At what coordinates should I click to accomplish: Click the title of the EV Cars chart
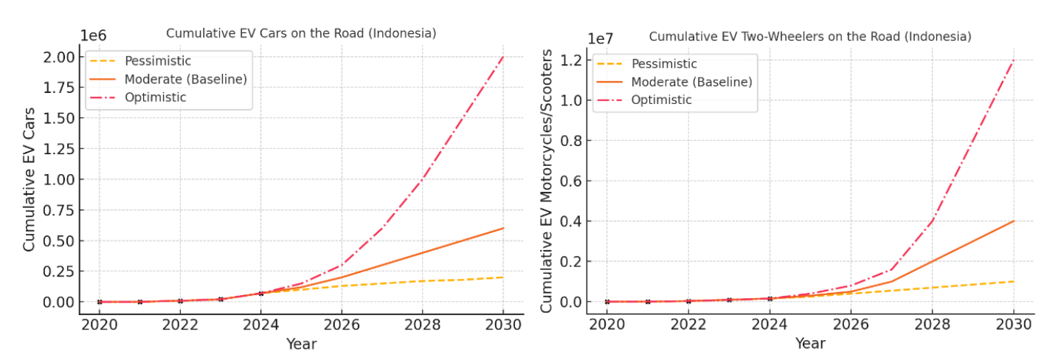pos(301,33)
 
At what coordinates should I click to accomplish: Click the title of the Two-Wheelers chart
pos(809,36)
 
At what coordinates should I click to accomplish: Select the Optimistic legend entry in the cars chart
pos(155,97)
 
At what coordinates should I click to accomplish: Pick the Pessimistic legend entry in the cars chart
pos(157,61)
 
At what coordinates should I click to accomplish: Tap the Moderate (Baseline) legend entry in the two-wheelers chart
pos(691,82)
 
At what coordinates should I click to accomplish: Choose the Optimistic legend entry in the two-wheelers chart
pos(661,100)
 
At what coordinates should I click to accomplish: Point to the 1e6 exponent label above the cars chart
pos(94,35)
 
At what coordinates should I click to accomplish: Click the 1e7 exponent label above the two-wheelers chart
pos(601,38)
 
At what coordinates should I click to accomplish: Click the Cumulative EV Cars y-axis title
pos(30,179)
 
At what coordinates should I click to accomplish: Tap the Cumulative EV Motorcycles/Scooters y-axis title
pos(546,180)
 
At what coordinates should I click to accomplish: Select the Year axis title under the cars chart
pos(301,344)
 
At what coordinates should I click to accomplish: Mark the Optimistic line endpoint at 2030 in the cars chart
pos(503,57)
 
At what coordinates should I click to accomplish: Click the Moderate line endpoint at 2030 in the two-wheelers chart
pos(1013,221)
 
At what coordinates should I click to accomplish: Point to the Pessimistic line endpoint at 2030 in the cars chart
pos(503,277)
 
